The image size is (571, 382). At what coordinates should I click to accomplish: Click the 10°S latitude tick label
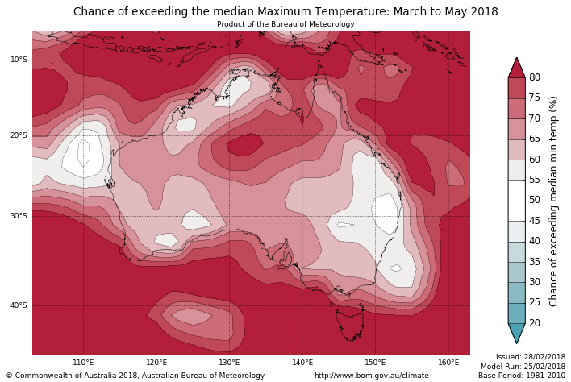(x=19, y=60)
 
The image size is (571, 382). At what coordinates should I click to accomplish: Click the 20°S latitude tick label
(x=19, y=135)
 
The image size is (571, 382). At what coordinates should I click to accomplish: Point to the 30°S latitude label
(x=19, y=216)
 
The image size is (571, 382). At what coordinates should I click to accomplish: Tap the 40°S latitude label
(x=19, y=305)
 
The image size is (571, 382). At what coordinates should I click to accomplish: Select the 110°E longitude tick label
(x=84, y=363)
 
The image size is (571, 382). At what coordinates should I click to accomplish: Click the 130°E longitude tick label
(x=230, y=363)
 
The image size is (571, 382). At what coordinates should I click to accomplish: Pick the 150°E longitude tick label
(x=375, y=363)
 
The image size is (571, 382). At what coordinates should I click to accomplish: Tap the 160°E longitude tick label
(x=448, y=363)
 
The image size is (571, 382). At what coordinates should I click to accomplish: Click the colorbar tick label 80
(x=535, y=77)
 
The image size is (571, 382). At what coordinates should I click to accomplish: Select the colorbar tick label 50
(x=535, y=200)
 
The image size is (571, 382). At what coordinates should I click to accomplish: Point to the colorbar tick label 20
(x=535, y=323)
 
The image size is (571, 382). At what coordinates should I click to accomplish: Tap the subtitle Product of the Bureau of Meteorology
(x=285, y=24)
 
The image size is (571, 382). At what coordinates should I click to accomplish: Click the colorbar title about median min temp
(x=553, y=201)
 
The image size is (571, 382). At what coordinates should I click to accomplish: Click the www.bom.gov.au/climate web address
(x=372, y=376)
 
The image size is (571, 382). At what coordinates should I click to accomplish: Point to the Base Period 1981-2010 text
(x=522, y=376)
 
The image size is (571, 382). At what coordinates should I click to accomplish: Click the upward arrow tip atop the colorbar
(x=516, y=58)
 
